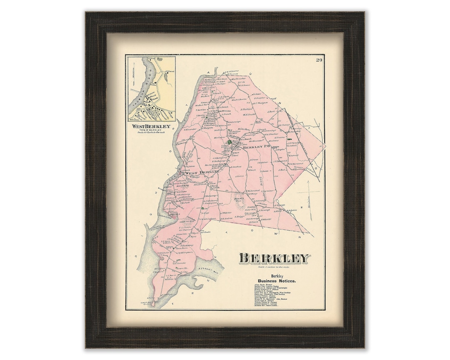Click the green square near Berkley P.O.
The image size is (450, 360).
tap(229, 142)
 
